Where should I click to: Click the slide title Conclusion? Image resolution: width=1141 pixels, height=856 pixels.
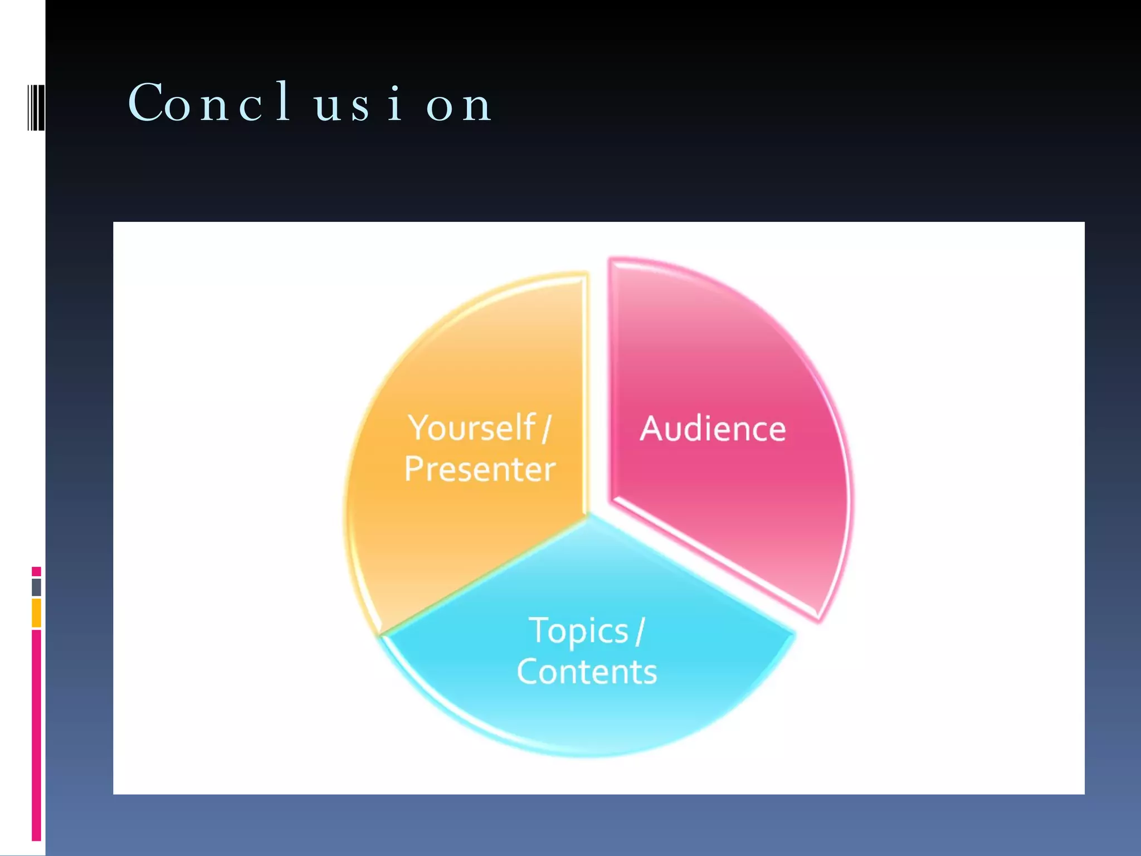pos(310,103)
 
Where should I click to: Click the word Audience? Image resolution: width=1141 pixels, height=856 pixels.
pos(713,429)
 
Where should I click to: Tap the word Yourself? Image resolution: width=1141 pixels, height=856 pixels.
pos(471,428)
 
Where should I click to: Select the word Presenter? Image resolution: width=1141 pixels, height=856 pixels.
pos(480,469)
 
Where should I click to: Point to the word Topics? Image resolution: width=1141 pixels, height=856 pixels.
pos(578,631)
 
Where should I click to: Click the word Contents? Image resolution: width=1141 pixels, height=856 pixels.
pos(587,672)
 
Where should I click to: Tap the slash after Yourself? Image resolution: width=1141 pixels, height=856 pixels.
pos(546,428)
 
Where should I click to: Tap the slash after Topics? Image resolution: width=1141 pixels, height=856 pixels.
pos(640,631)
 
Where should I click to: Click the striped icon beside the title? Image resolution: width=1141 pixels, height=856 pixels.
pos(36,107)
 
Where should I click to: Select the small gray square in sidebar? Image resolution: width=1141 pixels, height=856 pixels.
pos(36,587)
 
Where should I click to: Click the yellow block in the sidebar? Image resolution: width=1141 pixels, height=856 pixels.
pos(36,613)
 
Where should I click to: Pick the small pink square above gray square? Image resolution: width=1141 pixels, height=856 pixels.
pos(36,571)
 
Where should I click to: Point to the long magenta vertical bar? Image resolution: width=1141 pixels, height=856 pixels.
pos(36,736)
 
